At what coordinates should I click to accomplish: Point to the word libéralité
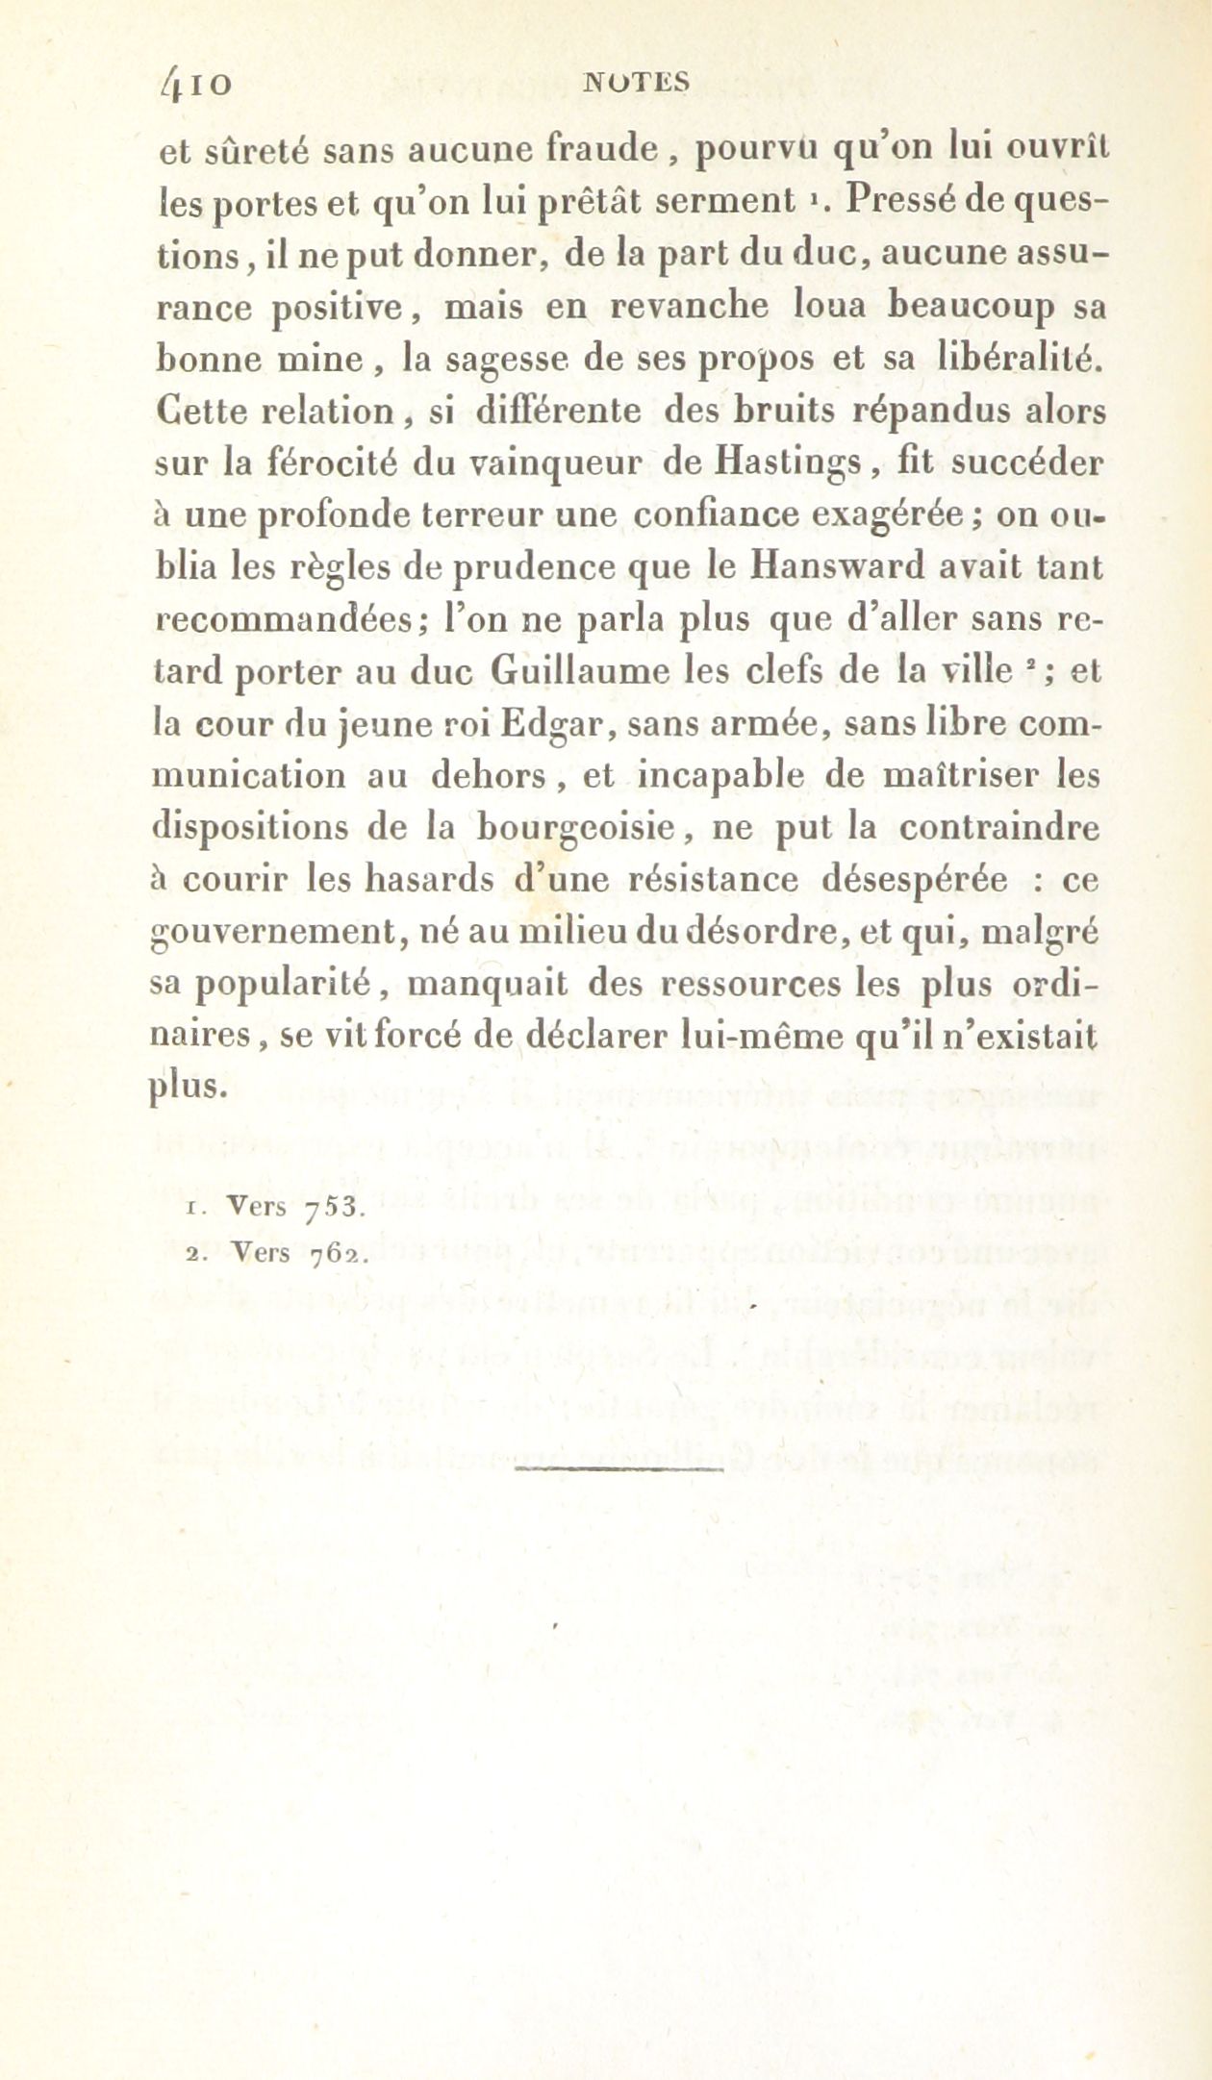1022,361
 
